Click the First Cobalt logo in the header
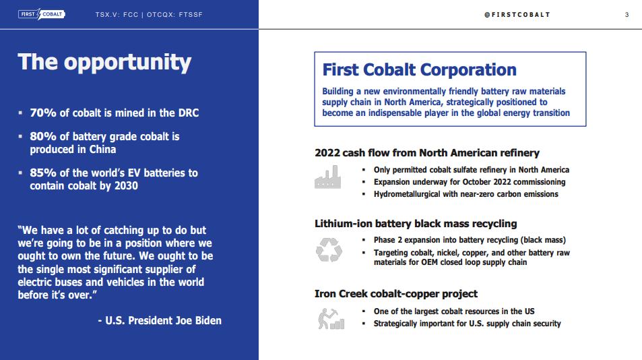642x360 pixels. (x=41, y=14)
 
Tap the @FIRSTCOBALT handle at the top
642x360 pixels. (x=517, y=15)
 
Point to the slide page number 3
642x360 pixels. (x=627, y=15)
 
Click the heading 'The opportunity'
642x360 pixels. (x=104, y=62)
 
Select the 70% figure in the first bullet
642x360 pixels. (x=42, y=113)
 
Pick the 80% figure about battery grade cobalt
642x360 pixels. (x=42, y=136)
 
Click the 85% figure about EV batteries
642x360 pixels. (x=42, y=173)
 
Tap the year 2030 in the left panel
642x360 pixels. (x=124, y=185)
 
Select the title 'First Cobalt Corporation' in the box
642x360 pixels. (x=419, y=69)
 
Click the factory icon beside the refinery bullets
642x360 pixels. (x=328, y=177)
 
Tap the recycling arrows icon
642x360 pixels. (x=329, y=249)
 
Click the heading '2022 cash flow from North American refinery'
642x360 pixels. (x=427, y=153)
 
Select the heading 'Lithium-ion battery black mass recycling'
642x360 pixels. (x=416, y=224)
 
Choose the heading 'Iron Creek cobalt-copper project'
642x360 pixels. (x=396, y=294)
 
